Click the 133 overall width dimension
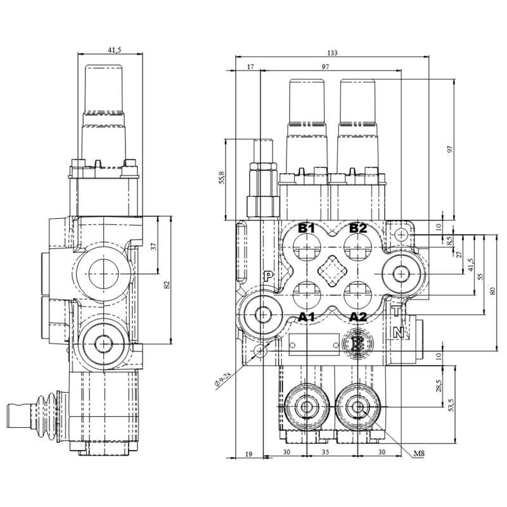[332, 53]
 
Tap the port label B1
[307, 228]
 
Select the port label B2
[358, 228]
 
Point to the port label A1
[307, 316]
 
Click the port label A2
[358, 316]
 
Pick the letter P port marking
[268, 276]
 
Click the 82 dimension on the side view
[167, 285]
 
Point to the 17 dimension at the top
[250, 67]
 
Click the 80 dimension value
[492, 291]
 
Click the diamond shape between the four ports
[332, 273]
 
